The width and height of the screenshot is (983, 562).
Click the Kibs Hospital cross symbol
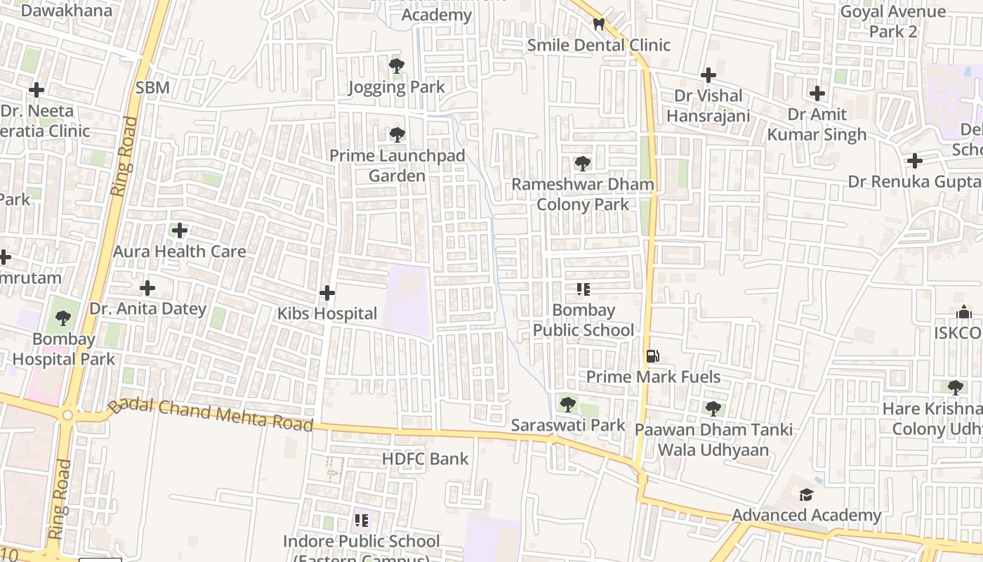tap(327, 293)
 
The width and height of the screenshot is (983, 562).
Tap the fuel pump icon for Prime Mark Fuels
tap(652, 356)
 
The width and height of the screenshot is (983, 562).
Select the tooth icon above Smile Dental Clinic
tap(598, 25)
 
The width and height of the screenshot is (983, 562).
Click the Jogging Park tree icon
tap(397, 67)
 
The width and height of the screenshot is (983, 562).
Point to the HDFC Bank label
tap(425, 459)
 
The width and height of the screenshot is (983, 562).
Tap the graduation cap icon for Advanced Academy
tap(806, 495)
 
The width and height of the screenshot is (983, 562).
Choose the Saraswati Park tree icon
tap(567, 405)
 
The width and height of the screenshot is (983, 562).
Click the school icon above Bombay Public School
tap(583, 289)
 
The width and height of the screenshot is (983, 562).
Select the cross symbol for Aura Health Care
tap(180, 230)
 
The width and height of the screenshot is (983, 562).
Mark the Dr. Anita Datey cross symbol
tap(147, 288)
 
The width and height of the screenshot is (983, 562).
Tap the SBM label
tap(152, 88)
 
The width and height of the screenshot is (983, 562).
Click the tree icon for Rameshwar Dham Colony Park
tap(582, 164)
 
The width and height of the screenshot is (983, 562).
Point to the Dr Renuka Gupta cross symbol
tap(914, 161)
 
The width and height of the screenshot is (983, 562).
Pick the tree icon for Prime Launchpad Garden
tap(397, 135)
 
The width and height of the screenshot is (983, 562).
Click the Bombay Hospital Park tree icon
tap(63, 318)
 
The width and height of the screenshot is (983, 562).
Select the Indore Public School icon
tap(362, 521)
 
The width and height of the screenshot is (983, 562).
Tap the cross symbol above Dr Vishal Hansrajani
tap(708, 74)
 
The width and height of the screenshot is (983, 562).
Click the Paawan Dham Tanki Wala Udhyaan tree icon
tap(713, 409)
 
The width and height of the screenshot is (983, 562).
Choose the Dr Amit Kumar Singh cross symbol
tap(817, 93)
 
